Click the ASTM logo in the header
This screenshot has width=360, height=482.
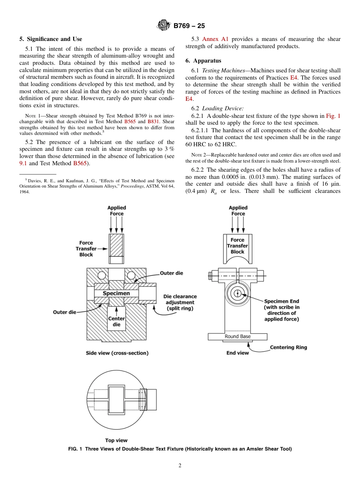point(164,26)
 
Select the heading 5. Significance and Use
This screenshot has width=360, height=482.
point(51,39)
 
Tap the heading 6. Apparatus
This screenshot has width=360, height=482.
point(203,61)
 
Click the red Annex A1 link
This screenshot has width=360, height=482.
point(215,39)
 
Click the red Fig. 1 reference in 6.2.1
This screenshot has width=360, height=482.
point(333,116)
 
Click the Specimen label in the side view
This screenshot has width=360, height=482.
point(116,293)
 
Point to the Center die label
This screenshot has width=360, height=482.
point(116,321)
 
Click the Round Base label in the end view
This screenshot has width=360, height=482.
point(238,336)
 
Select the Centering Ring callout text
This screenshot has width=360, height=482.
point(288,347)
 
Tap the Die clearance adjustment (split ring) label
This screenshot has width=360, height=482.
point(180,302)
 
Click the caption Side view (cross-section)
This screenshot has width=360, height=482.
point(117,353)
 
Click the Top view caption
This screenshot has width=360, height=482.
point(116,440)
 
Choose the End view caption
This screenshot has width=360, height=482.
point(238,353)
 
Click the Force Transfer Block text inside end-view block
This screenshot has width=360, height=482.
point(238,246)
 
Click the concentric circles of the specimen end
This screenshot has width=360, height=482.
point(238,293)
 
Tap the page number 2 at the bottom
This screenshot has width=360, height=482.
point(180,466)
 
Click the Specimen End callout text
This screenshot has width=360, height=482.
point(282,310)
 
